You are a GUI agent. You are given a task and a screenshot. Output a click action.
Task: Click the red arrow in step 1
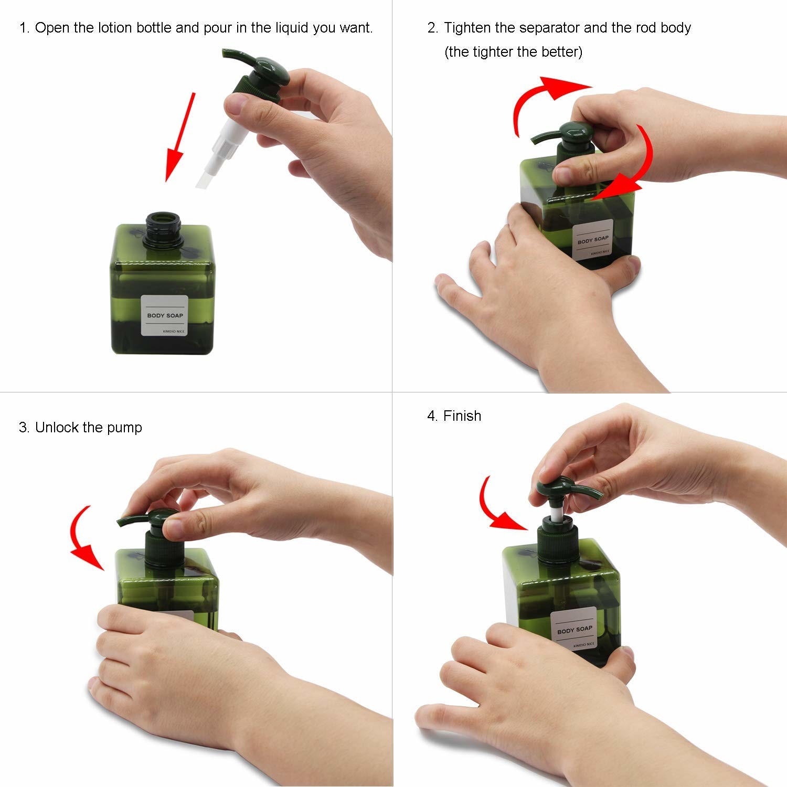[179, 137]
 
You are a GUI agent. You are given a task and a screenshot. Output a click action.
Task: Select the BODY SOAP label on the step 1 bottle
[165, 315]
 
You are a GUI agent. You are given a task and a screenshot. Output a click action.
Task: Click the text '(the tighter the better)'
[513, 52]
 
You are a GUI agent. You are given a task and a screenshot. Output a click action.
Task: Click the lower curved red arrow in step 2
[637, 168]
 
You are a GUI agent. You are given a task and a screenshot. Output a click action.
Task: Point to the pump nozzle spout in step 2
[544, 138]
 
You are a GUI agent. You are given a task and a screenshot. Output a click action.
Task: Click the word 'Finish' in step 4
[462, 416]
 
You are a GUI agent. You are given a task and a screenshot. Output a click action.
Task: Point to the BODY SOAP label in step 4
[575, 629]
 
